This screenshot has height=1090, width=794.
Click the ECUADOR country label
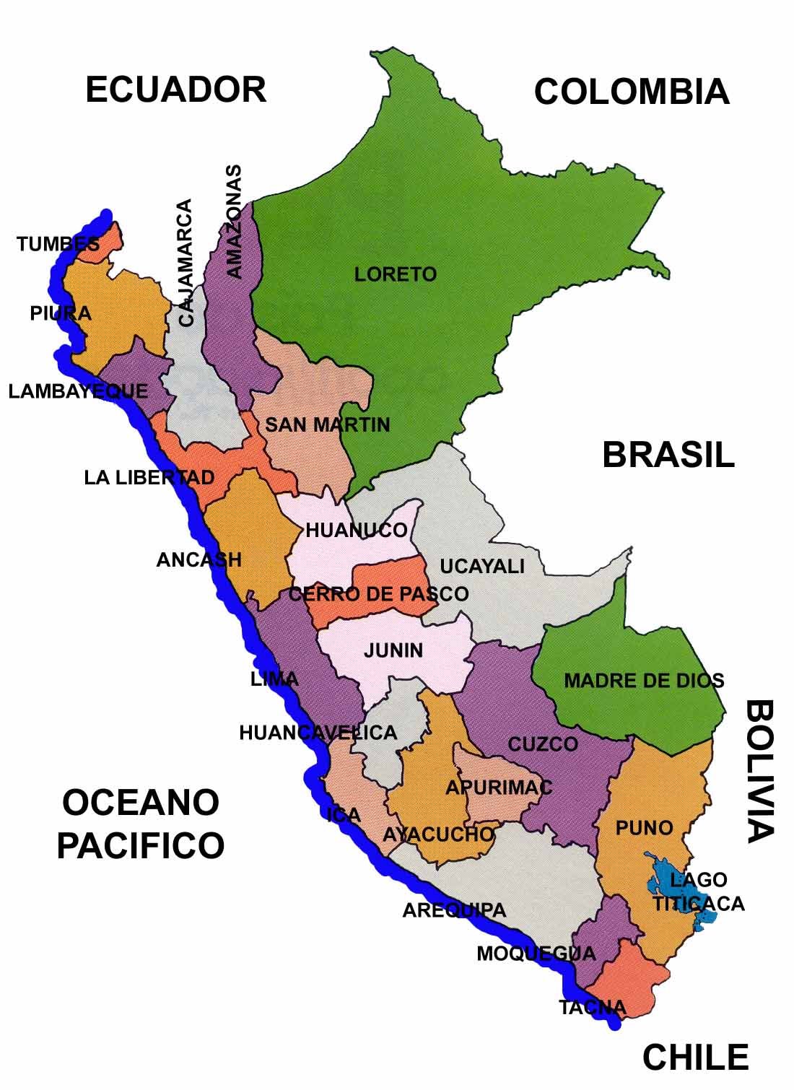(x=175, y=90)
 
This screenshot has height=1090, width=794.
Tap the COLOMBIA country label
(x=631, y=92)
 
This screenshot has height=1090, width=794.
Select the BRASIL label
(x=668, y=455)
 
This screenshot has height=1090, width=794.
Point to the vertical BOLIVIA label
(x=759, y=770)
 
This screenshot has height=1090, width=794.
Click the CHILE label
(x=695, y=1058)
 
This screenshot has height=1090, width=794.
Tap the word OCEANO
(x=140, y=803)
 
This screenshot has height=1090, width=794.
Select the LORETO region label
(x=395, y=274)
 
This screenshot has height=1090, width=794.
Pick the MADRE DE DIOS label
(x=643, y=681)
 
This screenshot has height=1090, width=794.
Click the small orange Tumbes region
(x=108, y=242)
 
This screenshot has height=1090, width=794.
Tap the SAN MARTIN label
(x=327, y=424)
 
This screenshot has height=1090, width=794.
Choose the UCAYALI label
(x=481, y=567)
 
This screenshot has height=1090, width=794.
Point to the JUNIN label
(x=393, y=650)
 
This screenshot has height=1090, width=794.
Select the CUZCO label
(x=543, y=744)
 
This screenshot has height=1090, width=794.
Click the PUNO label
(x=644, y=828)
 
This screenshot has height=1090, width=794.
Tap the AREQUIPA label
(x=454, y=911)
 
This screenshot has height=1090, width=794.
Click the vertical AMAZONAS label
(x=234, y=222)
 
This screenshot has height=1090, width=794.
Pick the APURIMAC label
(x=498, y=788)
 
